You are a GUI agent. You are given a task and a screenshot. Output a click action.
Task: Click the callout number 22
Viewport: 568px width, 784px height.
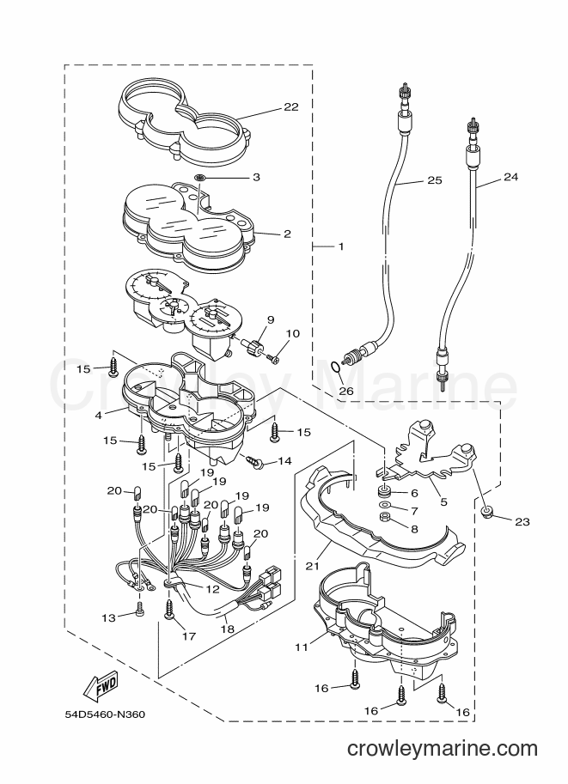pyautogui.click(x=290, y=106)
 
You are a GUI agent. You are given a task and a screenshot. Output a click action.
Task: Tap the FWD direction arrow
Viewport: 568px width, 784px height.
pyautogui.click(x=101, y=684)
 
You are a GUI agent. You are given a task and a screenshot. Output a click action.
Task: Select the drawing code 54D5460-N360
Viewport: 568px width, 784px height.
pyautogui.click(x=105, y=714)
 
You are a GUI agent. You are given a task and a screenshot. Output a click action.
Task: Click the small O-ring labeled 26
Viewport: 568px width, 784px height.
pyautogui.click(x=337, y=368)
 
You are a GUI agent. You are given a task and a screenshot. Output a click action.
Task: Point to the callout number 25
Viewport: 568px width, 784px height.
pyautogui.click(x=435, y=180)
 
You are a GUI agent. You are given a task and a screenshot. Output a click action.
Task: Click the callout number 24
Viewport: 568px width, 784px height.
pyautogui.click(x=511, y=177)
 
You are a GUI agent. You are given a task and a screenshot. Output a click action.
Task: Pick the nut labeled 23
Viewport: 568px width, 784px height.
pyautogui.click(x=486, y=511)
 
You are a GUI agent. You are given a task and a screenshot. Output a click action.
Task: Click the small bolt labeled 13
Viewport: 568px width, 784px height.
pyautogui.click(x=139, y=609)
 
